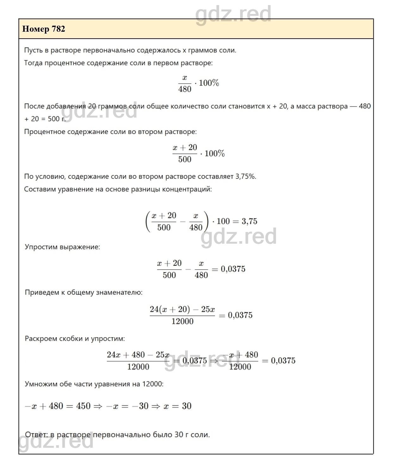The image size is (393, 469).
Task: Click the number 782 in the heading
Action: point(58,29)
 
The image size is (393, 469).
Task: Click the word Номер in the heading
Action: point(36,29)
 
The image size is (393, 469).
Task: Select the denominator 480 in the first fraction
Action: point(185,89)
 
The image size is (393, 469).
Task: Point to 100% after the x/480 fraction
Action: point(209,83)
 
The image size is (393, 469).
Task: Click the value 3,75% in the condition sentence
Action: point(246,177)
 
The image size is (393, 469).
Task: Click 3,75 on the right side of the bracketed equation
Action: point(249,221)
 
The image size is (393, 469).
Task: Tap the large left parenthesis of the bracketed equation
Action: point(147,221)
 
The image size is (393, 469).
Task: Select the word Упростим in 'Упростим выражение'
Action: point(42,247)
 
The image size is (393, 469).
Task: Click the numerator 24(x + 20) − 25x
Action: point(182,309)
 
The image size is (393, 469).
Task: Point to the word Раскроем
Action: point(41,338)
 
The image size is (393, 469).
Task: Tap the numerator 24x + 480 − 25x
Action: point(138,355)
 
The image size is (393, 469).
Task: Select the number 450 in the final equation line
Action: point(83,406)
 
